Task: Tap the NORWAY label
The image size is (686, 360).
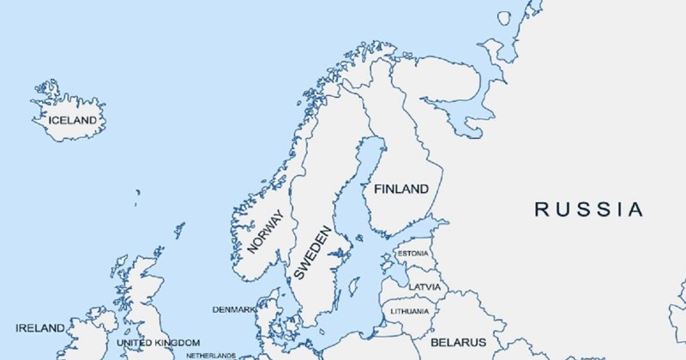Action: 266,232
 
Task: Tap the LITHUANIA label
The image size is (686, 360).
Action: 409,309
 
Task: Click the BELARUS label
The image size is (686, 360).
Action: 459,342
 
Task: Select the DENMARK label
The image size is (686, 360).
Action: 233,309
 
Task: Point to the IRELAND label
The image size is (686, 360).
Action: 39,328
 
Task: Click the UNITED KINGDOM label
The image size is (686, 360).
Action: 158,343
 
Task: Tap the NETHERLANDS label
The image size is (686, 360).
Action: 205,355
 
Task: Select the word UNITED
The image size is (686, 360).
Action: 134,343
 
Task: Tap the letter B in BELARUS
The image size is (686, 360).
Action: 435,342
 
